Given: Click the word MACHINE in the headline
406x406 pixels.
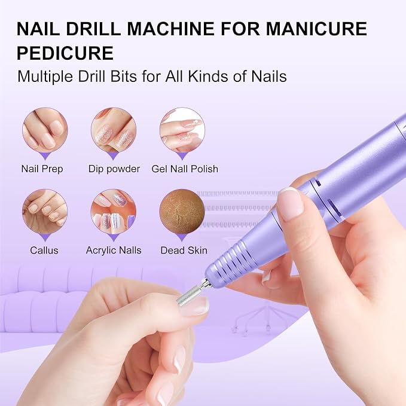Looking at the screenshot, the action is coord(170,29).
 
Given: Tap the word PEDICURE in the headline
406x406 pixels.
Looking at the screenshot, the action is coord(65,53).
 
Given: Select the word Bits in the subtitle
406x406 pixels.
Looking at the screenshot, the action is coord(123,77).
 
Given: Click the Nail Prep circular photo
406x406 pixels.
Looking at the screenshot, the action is coord(45,130).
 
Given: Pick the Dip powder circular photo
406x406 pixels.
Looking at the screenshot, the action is coord(114,130).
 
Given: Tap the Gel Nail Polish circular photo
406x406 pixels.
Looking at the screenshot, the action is coord(182,130).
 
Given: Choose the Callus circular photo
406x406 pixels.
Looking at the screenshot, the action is coord(45,212).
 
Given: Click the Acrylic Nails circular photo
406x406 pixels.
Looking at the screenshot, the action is coord(114,212).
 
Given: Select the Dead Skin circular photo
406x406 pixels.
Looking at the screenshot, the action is coord(182,212).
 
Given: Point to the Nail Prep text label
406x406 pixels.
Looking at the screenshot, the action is coord(42,169).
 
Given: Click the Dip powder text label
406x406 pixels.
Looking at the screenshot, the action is coord(114,169).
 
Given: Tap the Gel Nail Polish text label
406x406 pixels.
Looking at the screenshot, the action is coord(185,169).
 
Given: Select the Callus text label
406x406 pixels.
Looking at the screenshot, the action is coord(44,251).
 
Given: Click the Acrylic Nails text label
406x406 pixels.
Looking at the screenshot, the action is coord(114,251).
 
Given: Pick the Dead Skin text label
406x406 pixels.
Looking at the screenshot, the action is coord(184,251).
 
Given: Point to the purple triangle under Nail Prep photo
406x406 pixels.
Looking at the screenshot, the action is coord(45,156).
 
